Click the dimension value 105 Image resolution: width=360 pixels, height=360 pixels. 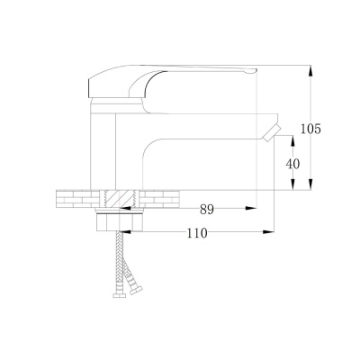[310, 129]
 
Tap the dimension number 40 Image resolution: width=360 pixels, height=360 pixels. [292, 164]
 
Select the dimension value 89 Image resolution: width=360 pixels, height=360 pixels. [207, 210]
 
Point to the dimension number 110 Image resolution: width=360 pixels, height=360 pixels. [197, 233]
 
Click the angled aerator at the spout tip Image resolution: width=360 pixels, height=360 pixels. [271, 133]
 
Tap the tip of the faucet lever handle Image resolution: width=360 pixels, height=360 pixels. [256, 70]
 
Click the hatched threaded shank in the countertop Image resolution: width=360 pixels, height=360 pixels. [119, 199]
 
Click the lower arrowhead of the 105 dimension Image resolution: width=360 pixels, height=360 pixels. [311, 184]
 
